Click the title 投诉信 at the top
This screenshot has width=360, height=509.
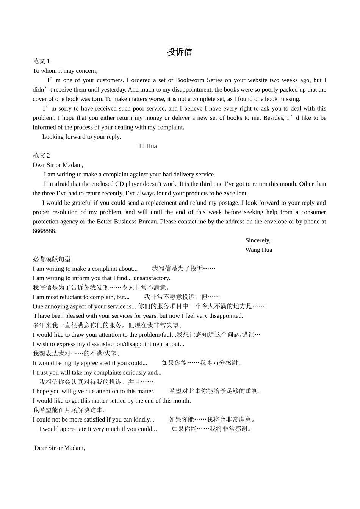(179, 52)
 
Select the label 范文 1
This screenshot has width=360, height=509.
(41, 61)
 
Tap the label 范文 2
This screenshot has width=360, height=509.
(41, 156)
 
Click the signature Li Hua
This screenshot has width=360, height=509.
(148, 146)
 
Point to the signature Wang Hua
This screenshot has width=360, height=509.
(258, 250)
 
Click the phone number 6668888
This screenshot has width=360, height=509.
(44, 231)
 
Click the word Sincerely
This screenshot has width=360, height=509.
(258, 240)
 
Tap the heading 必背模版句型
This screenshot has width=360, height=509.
(52, 259)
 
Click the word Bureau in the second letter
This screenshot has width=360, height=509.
(147, 222)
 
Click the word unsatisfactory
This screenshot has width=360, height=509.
(152, 278)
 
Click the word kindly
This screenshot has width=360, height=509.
(144, 420)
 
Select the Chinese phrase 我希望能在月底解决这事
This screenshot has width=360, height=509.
(70, 410)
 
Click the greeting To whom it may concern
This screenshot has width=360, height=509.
(65, 71)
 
